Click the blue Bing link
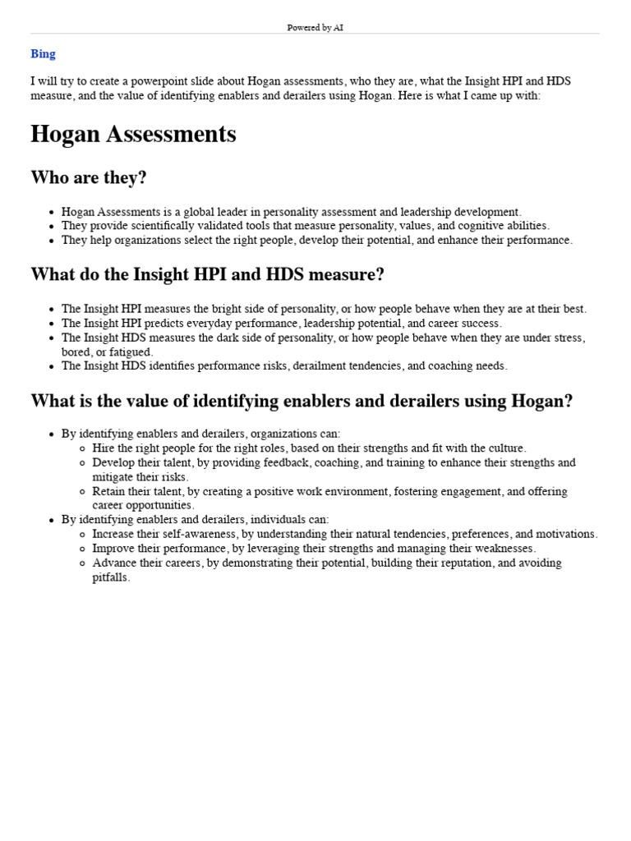point(43,54)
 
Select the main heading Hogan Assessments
point(133,134)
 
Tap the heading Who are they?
point(89,178)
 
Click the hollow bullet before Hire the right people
point(82,449)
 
